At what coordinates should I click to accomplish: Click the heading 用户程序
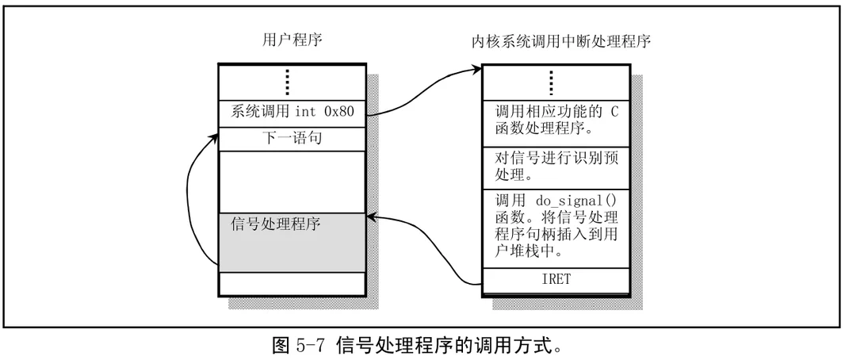[292, 39]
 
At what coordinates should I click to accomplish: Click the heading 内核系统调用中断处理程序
[556, 40]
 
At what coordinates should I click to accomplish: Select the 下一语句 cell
[292, 138]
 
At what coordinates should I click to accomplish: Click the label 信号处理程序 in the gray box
[275, 224]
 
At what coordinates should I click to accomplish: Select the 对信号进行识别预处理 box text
[555, 166]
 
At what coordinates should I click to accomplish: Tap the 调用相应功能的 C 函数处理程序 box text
[555, 121]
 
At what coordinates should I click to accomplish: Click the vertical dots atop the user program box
[288, 82]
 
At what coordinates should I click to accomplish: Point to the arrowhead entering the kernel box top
[478, 70]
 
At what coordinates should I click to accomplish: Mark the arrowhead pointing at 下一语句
[215, 136]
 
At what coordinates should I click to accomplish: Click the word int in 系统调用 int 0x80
[307, 112]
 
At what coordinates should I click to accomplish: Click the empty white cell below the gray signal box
[292, 282]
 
